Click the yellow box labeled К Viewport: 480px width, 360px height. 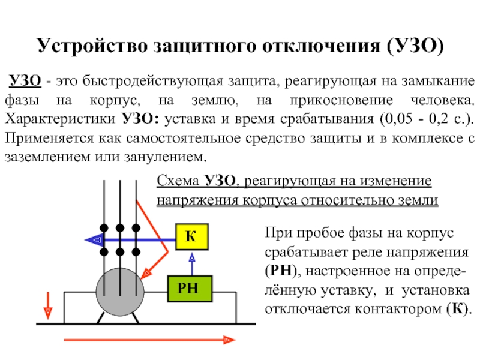[x=192, y=236]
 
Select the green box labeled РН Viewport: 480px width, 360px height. [x=190, y=289]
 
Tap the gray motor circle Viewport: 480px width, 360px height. [x=120, y=292]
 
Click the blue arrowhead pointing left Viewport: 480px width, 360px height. [x=94, y=239]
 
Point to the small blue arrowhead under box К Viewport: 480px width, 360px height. [x=192, y=258]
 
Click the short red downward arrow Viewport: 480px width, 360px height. [x=48, y=305]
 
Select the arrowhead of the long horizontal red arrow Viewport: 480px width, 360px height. [x=229, y=340]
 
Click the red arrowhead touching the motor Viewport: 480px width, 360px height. [x=146, y=274]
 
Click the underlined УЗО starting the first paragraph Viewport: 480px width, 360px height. [x=25, y=81]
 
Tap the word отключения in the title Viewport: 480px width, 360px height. [x=321, y=46]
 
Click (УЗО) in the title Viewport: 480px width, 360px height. [x=415, y=46]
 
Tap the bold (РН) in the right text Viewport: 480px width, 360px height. [x=281, y=271]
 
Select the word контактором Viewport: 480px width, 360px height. [x=398, y=309]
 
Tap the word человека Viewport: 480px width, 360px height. [x=442, y=100]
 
